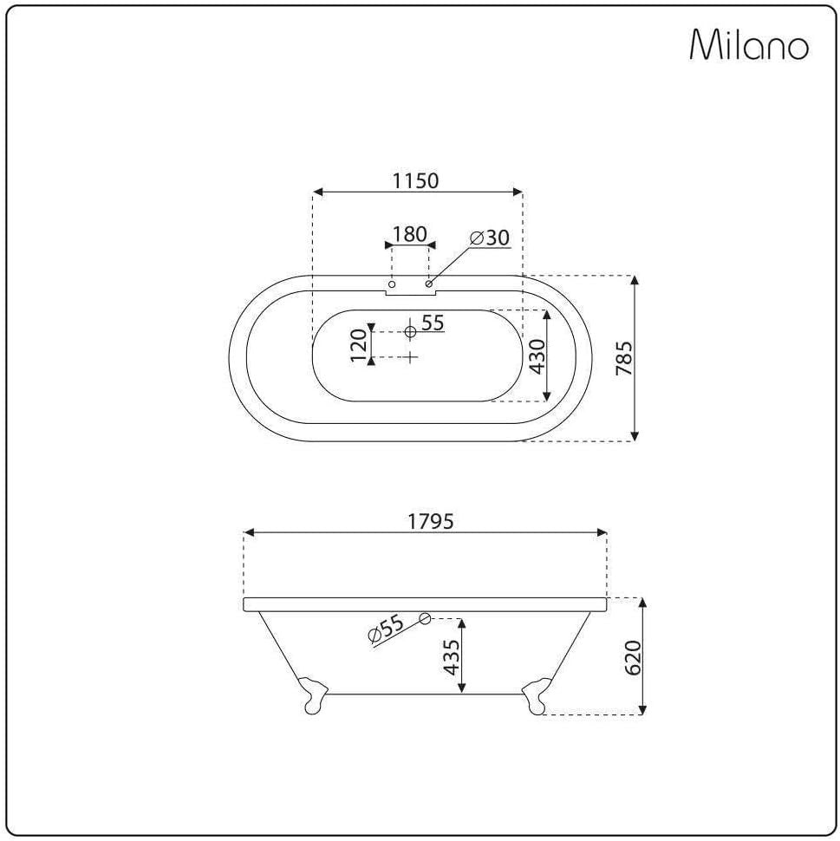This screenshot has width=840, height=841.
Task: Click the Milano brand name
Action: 749,44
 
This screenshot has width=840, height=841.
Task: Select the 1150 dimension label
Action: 416,180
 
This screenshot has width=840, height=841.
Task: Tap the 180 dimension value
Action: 410,234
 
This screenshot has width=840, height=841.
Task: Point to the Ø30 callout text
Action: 490,238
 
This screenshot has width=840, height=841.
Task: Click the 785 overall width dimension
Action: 624,358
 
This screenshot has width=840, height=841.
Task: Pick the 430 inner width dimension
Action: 537,356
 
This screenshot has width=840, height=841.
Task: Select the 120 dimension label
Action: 358,345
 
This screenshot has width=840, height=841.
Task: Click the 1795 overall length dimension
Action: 431,521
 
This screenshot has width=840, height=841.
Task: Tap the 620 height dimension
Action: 633,657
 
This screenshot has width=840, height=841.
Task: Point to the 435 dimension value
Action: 452,657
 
